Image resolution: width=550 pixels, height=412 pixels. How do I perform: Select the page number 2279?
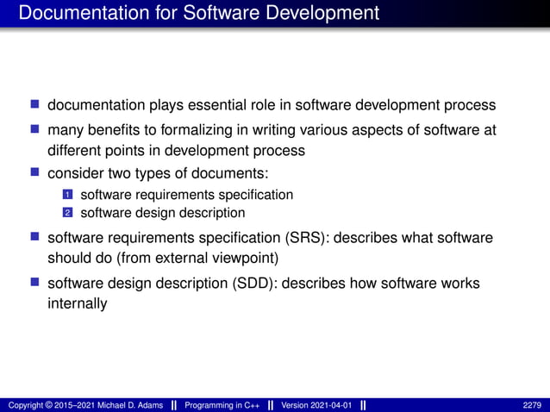[x=531, y=405]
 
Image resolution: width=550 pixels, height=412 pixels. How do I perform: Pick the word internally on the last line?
[x=77, y=303]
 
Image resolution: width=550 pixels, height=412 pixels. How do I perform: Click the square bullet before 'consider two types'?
[x=35, y=173]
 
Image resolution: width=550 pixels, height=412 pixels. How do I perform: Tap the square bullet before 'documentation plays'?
[x=35, y=105]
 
